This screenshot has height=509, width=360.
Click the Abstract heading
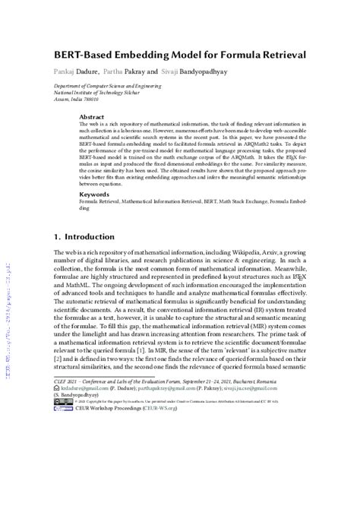click(92, 117)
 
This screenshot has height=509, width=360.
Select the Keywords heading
click(95, 194)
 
